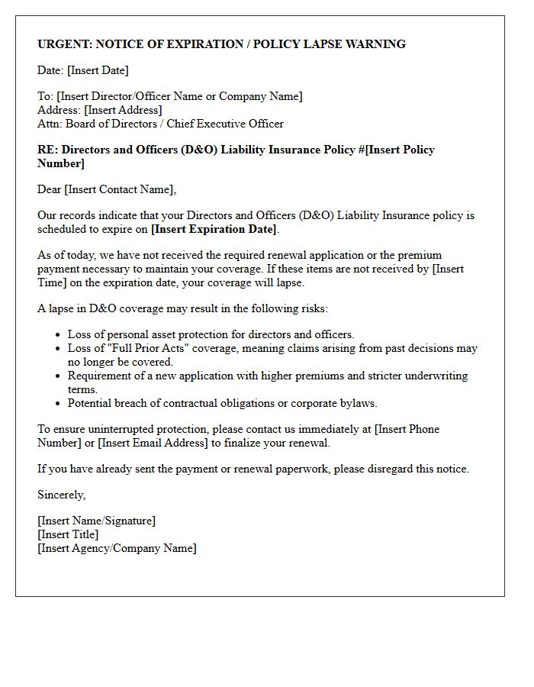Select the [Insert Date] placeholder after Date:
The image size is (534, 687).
point(98,70)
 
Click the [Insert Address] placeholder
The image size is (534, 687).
point(123,110)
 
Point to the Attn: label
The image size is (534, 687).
point(50,124)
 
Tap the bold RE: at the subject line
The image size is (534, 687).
point(47,150)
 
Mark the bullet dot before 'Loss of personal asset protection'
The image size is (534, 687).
point(58,335)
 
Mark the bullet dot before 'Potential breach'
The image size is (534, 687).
point(58,404)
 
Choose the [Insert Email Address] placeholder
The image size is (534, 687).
point(153,443)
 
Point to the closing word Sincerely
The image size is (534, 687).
point(61,495)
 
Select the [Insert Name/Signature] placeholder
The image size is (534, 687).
point(96,521)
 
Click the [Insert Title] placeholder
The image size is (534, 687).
point(68,534)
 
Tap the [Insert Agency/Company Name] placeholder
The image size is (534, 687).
point(117,548)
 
